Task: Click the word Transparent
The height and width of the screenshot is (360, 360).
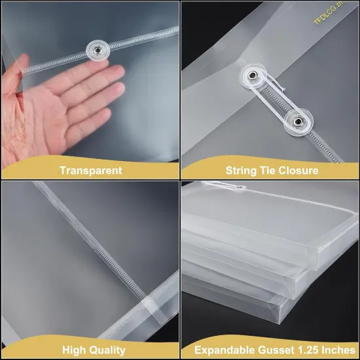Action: click(x=90, y=170)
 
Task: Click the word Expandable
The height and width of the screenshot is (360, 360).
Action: click(x=223, y=351)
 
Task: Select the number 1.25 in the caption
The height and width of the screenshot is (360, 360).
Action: click(x=307, y=351)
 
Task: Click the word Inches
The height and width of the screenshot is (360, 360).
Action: click(x=336, y=351)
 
